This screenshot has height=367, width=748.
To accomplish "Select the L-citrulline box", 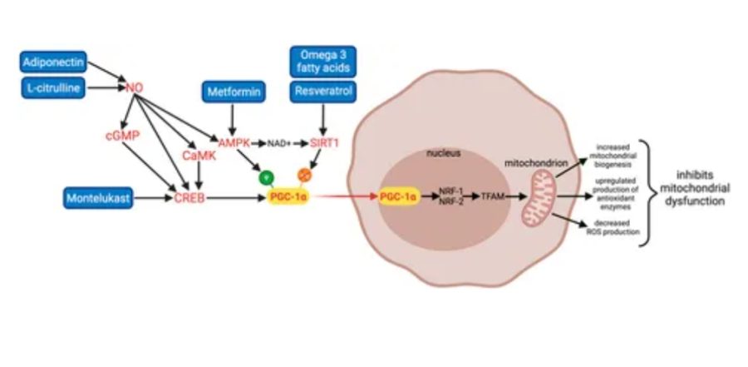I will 53,86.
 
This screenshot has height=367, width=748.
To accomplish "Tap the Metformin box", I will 232,90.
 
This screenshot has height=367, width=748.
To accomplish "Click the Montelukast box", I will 99,199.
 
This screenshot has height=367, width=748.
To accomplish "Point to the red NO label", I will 134,86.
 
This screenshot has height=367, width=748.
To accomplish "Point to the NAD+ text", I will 279,144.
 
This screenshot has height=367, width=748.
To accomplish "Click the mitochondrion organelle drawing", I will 536,203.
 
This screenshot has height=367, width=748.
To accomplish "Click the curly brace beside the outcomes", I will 654,192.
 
